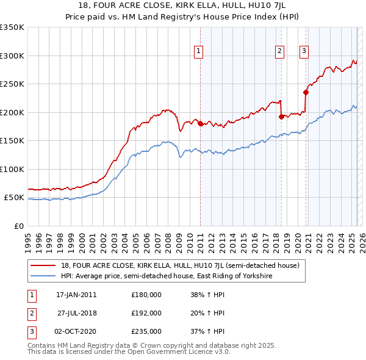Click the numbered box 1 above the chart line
(199, 51)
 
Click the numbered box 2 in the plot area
(279, 51)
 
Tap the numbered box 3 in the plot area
(303, 51)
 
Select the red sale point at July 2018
(281, 117)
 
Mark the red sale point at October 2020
(306, 93)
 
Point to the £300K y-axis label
(12, 56)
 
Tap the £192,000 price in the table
(146, 313)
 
